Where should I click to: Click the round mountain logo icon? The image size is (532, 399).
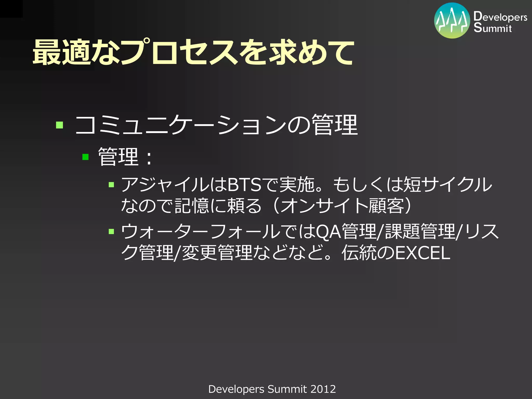tap(452, 21)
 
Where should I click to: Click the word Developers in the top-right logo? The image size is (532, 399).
tap(500, 17)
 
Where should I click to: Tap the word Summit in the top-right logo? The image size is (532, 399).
tap(493, 28)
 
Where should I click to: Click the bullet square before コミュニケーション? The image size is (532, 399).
tap(59, 125)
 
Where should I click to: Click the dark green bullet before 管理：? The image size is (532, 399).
tap(85, 157)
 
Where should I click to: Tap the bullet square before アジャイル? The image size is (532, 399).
tap(111, 185)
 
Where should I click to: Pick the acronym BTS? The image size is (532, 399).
tap(244, 185)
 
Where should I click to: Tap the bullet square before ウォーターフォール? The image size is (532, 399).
tap(111, 231)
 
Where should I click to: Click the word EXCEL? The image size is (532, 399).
tap(423, 253)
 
